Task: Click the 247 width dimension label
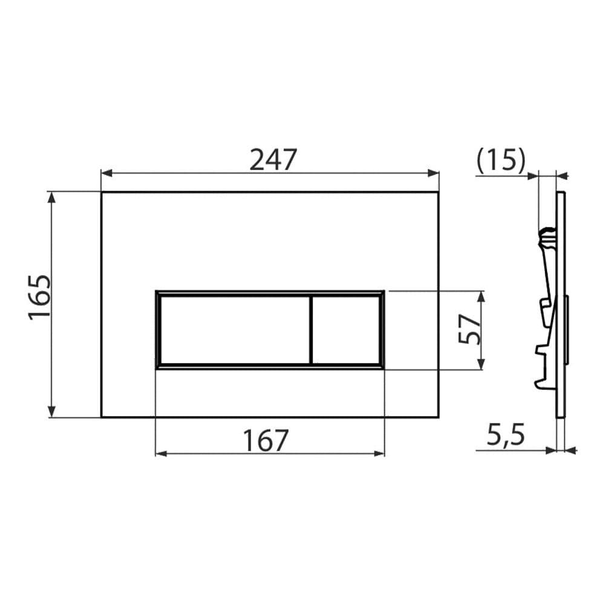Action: [273, 159]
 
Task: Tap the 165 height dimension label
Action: [39, 296]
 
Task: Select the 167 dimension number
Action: [266, 440]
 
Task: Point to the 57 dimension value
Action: [469, 329]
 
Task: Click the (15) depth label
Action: [501, 160]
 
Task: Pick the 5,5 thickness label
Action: [505, 434]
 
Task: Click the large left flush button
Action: [235, 330]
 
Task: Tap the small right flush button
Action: [345, 330]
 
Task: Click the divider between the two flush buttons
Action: [310, 330]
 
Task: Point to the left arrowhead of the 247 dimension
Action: [106, 173]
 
